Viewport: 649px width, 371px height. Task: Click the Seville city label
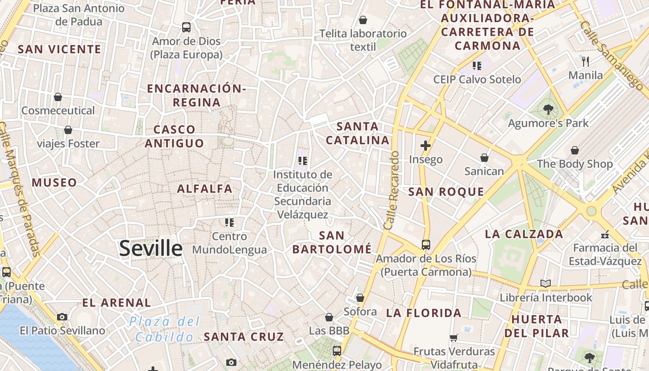point(151,249)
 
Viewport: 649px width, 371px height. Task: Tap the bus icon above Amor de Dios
point(186,27)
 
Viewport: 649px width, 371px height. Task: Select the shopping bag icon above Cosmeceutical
point(58,97)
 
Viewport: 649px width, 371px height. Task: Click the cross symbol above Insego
point(426,146)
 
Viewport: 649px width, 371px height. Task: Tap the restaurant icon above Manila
point(585,61)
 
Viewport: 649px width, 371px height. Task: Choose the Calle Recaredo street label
point(392,190)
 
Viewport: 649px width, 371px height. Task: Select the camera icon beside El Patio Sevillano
point(62,317)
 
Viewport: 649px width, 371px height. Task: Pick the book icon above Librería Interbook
point(546,283)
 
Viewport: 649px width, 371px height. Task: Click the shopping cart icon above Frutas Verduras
point(454,338)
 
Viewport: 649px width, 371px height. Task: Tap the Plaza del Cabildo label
point(165,329)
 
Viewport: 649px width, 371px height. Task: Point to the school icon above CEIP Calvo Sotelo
point(477,66)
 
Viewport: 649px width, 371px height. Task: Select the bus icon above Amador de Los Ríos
point(426,244)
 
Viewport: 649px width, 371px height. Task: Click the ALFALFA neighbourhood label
point(204,189)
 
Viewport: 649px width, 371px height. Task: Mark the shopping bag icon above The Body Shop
point(575,150)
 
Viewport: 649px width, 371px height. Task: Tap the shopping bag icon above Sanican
point(484,158)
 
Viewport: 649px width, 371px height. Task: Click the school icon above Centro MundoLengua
point(229,223)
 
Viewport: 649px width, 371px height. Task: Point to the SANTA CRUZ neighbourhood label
point(244,337)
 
